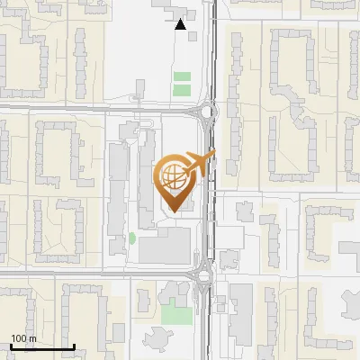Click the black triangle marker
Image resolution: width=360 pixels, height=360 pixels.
pos(181,24)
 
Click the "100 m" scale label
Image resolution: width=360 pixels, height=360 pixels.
pos(23,338)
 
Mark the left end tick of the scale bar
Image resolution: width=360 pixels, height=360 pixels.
pos(11,346)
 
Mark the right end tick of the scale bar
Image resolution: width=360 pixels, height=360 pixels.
pos(74,346)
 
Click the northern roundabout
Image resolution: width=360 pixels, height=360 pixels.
pos(208,112)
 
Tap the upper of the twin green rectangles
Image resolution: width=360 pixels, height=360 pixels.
pos(182,77)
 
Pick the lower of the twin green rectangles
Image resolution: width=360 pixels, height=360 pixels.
pos(182,90)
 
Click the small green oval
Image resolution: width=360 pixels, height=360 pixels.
pos(131,238)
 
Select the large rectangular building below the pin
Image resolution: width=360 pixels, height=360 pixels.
pos(165,245)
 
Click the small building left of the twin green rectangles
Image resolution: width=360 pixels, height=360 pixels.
pos(139,88)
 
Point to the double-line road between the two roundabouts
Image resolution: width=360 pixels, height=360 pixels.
pos(213,193)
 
